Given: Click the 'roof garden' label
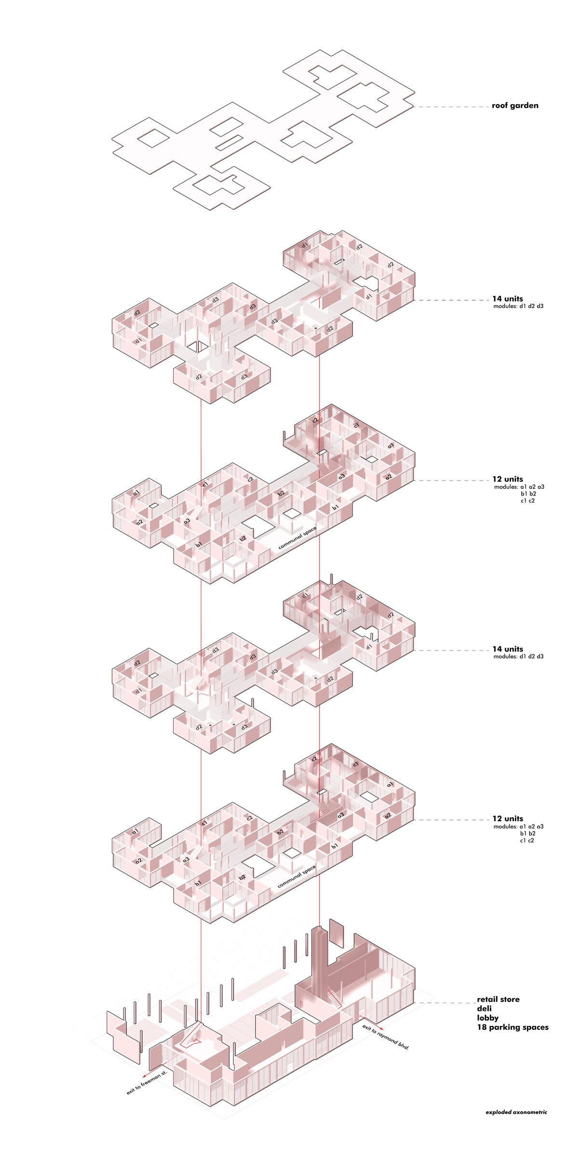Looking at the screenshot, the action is [x=515, y=106].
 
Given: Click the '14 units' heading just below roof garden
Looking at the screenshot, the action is [x=508, y=299].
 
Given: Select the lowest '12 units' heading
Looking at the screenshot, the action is [x=508, y=818].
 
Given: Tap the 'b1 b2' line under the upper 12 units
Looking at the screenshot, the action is [x=528, y=494].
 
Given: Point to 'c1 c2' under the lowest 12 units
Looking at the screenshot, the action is [x=528, y=840].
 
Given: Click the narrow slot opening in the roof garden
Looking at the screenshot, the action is [x=229, y=143].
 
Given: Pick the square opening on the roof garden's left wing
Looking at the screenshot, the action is [x=153, y=138].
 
